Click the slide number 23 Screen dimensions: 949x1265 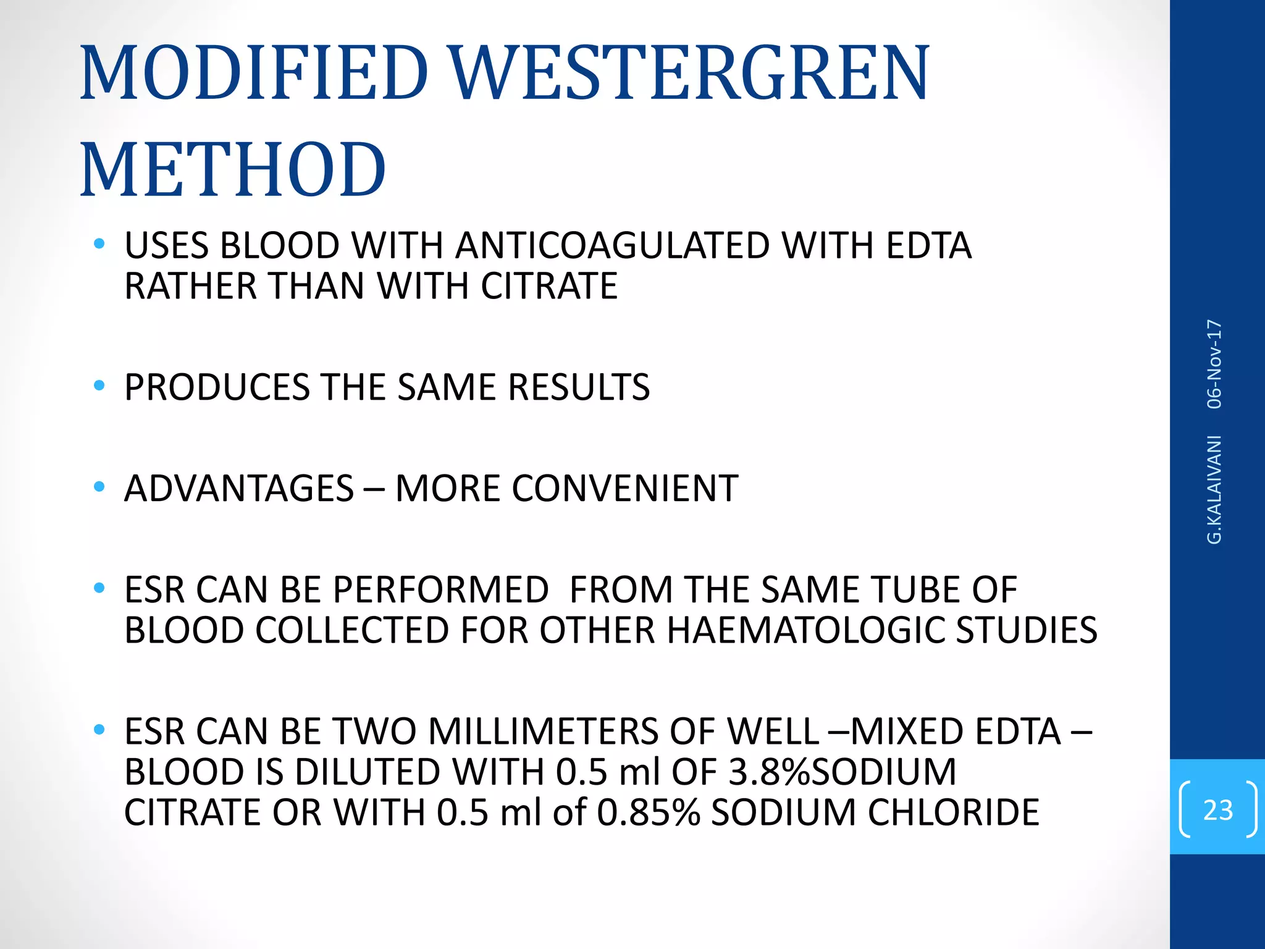[x=1217, y=809]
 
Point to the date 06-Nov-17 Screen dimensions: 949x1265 [x=1214, y=364]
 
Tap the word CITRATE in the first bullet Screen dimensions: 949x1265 [x=549, y=285]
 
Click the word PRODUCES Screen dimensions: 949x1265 [x=217, y=387]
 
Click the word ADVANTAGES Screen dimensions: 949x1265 [x=239, y=488]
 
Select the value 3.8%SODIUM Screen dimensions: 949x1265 [x=842, y=772]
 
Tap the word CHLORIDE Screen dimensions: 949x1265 [x=954, y=812]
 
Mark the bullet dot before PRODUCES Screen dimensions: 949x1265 [x=99, y=386]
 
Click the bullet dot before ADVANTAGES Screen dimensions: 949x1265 [x=99, y=487]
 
